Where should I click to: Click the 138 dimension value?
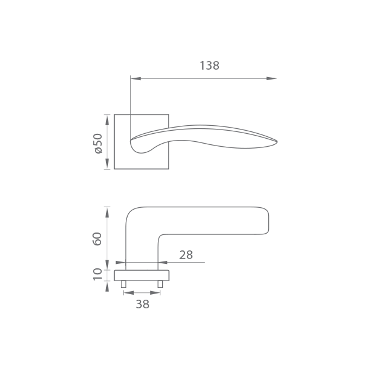pyautogui.click(x=210, y=65)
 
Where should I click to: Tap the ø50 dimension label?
pyautogui.click(x=98, y=144)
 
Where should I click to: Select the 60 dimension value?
pyautogui.click(x=97, y=239)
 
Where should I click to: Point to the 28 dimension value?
pyautogui.click(x=186, y=255)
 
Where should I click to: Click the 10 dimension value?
pyautogui.click(x=97, y=274)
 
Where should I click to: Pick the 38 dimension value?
pyautogui.click(x=142, y=304)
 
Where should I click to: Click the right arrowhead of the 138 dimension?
pyautogui.click(x=271, y=78)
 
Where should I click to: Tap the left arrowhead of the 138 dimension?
pyautogui.click(x=136, y=78)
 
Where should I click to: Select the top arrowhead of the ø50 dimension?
pyautogui.click(x=107, y=120)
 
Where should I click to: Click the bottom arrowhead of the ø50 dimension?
pyautogui.click(x=107, y=164)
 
